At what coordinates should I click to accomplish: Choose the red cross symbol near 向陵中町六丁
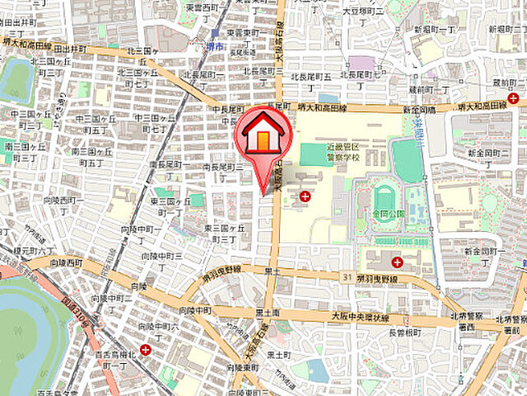click(146, 350)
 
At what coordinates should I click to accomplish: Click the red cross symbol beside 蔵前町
click(513, 98)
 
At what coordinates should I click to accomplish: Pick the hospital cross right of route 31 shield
click(397, 262)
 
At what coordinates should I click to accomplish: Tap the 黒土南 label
click(268, 313)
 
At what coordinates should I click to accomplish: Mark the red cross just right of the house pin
click(305, 196)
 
